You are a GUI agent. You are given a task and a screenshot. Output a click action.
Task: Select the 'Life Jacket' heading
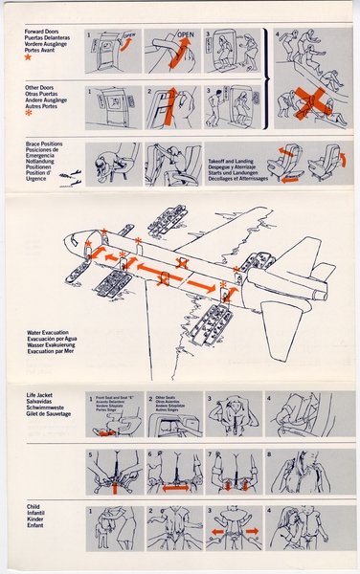pyautogui.click(x=44, y=394)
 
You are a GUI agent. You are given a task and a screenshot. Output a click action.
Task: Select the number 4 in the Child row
pyautogui.click(x=271, y=512)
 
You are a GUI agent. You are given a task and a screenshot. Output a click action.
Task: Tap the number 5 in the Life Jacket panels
pyautogui.click(x=90, y=454)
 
